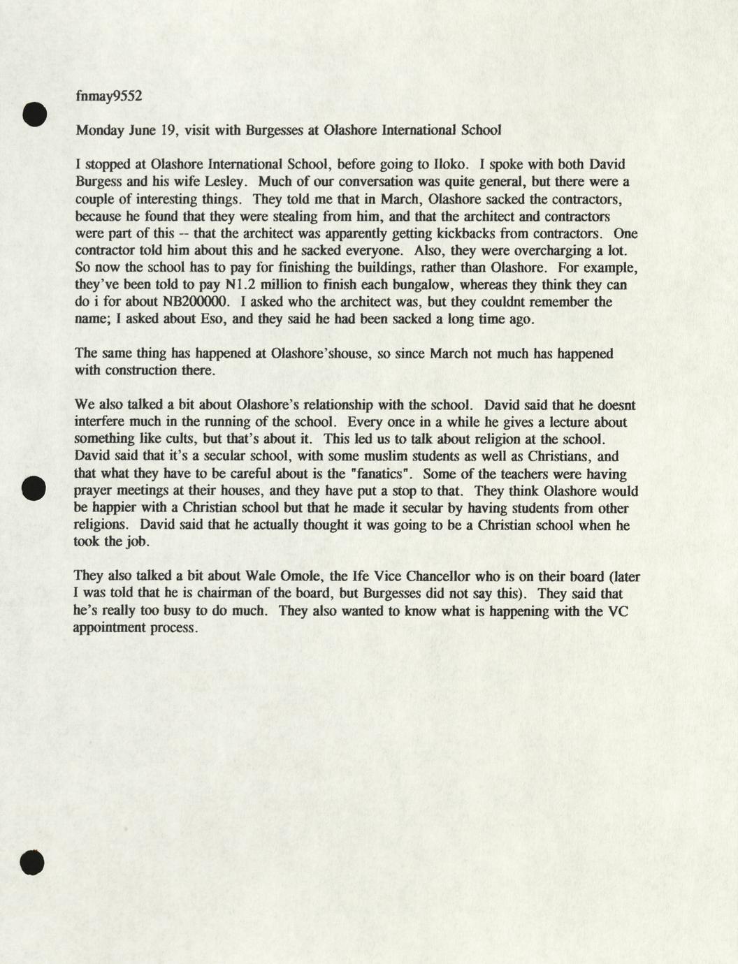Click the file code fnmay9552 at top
point(108,96)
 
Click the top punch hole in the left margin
point(34,114)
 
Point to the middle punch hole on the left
point(34,488)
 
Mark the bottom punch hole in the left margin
point(32,863)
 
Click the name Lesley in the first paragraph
point(223,182)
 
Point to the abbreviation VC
point(618,611)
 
